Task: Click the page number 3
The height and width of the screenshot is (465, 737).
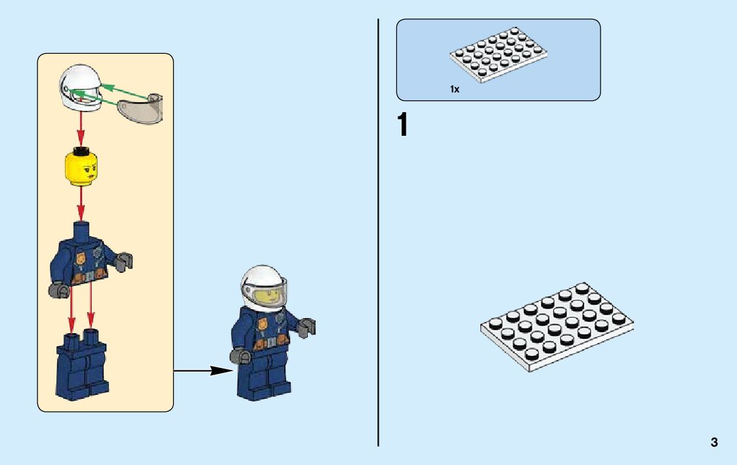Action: [x=714, y=443]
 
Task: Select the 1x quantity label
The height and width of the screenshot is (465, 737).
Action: [x=454, y=89]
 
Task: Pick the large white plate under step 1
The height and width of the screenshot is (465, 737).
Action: [x=557, y=326]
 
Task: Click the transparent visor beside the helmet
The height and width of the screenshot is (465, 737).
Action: [x=140, y=108]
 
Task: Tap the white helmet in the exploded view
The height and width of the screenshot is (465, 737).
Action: [x=80, y=88]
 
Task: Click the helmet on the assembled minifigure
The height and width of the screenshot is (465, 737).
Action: [x=263, y=285]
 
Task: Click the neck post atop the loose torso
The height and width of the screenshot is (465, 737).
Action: [x=81, y=230]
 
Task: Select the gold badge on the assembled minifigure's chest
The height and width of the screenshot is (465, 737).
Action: [x=263, y=325]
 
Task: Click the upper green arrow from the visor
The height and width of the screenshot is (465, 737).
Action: [x=125, y=88]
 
